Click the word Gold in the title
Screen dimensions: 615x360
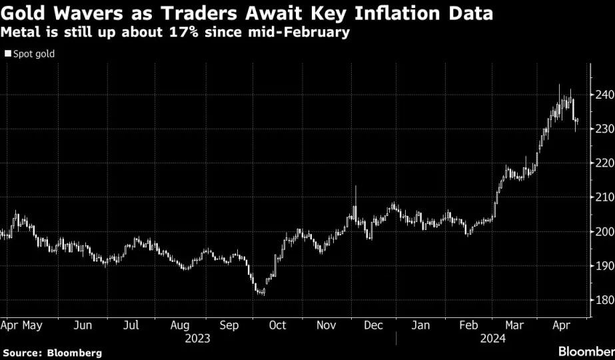click(23, 13)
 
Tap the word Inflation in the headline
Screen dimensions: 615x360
click(399, 13)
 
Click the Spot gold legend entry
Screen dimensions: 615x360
click(30, 54)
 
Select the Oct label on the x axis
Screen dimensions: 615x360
click(278, 325)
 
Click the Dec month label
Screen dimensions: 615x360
click(373, 325)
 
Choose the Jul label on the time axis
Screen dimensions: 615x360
click(131, 325)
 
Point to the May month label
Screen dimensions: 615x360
click(32, 326)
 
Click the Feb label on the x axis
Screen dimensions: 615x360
click(468, 325)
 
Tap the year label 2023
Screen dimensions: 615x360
click(198, 339)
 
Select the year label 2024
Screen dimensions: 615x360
click(493, 339)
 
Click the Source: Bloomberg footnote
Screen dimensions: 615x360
click(53, 353)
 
